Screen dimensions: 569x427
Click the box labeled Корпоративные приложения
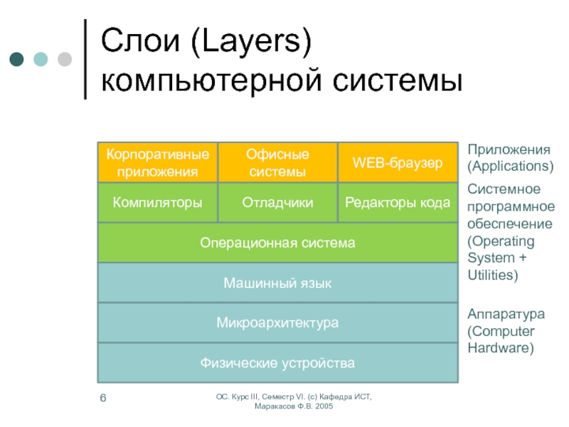pos(157,162)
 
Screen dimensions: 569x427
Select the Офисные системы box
pos(277,162)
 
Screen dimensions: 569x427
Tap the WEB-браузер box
pos(398,163)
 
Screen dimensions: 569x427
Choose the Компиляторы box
pos(157,203)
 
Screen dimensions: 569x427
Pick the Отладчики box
pos(277,203)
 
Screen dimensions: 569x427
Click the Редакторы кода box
pos(398,203)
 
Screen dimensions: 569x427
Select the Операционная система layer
pos(277,243)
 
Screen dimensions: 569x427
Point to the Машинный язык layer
pos(277,283)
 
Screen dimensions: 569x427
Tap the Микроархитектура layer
pos(277,323)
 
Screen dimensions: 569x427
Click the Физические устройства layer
pos(277,364)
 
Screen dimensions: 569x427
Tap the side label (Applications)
pos(510,166)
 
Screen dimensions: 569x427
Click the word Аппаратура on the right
pos(506,313)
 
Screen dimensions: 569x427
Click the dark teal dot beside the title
pos(16,58)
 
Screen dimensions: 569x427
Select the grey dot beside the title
pos(64,58)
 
